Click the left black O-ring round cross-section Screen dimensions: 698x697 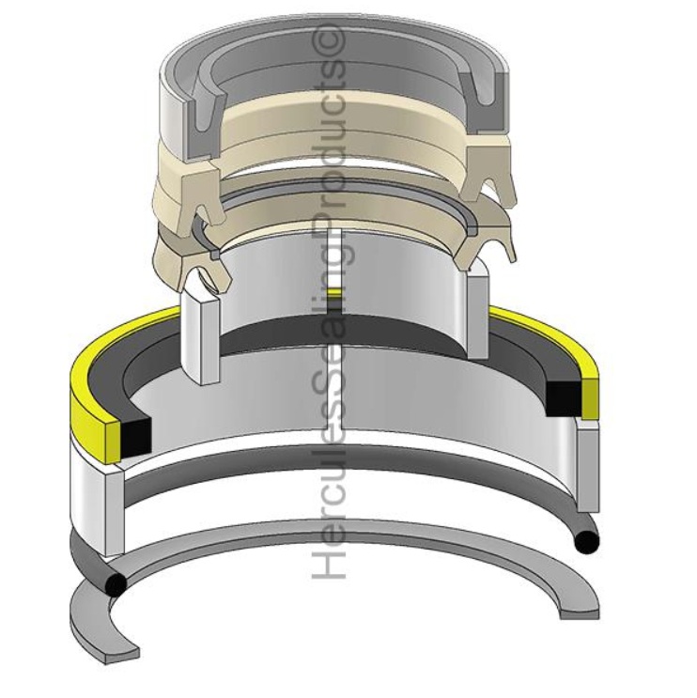point(116,584)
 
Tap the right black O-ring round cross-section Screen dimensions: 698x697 point(589,542)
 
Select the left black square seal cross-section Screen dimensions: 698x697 point(133,429)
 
